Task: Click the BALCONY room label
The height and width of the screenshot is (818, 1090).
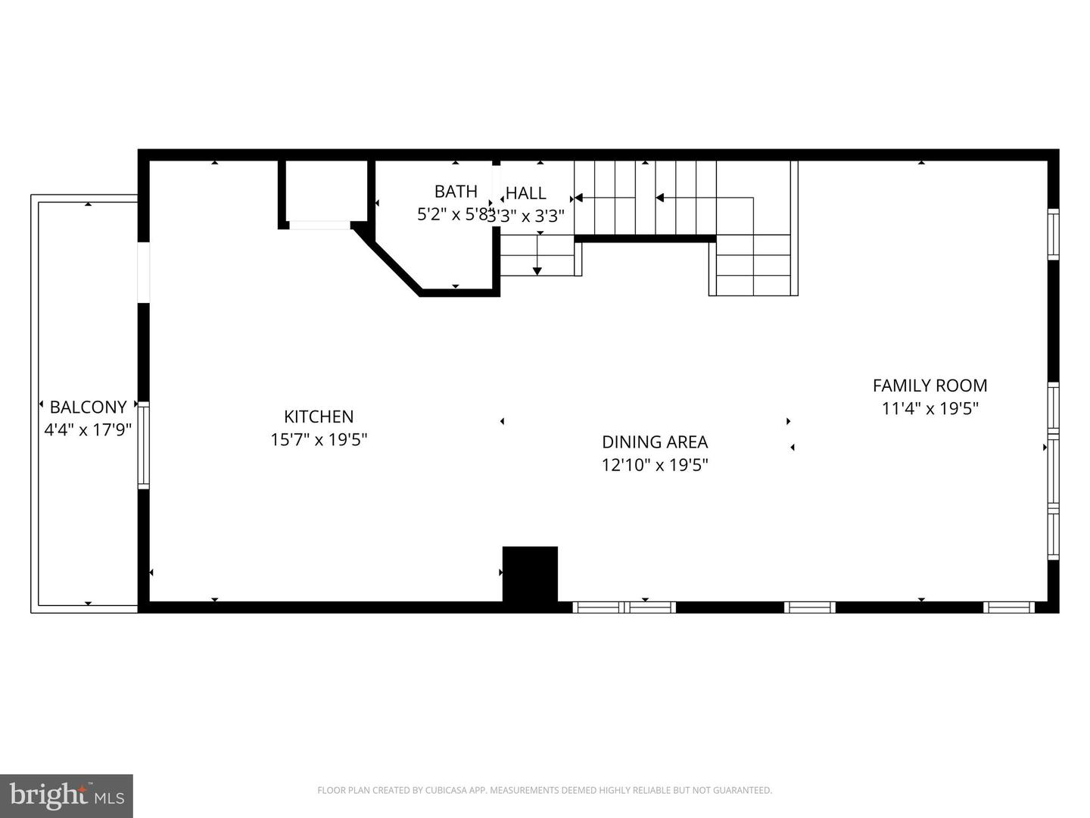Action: [x=88, y=407]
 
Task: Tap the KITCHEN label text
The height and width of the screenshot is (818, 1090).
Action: [x=319, y=417]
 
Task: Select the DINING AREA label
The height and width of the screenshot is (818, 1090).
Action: [x=655, y=442]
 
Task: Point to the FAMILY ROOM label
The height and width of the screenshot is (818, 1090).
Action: [x=930, y=386]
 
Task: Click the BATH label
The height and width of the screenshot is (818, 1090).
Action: [x=456, y=192]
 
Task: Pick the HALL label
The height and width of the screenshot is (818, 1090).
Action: [x=526, y=193]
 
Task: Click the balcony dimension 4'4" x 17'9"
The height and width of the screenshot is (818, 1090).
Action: [x=88, y=430]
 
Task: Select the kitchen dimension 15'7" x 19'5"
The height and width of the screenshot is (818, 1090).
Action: [x=319, y=439]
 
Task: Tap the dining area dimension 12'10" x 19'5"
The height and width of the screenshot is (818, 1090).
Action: [x=655, y=465]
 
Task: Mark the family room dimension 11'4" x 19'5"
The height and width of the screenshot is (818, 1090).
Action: [x=930, y=409]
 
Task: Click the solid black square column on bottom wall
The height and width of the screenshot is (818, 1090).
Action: [x=530, y=574]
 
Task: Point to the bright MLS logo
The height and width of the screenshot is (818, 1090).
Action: [x=67, y=795]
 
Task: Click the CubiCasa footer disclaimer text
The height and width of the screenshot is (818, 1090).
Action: [x=544, y=791]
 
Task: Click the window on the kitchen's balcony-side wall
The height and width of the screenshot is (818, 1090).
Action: [x=143, y=445]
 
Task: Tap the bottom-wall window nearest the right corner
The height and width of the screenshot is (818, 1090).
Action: [x=1009, y=607]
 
